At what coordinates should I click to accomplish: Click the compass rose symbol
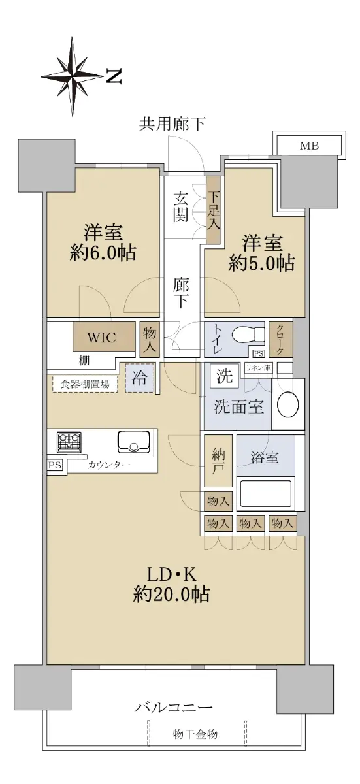[x=73, y=76]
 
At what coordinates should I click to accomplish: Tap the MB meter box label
[x=309, y=146]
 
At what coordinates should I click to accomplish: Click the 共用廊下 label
[x=172, y=124]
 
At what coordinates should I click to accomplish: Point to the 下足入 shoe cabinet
[x=213, y=210]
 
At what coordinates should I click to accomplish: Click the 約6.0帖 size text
[x=103, y=253]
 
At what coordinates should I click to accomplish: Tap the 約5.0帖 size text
[x=262, y=263]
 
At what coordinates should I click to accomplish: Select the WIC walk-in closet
[x=104, y=336]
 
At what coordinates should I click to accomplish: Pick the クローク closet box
[x=280, y=340]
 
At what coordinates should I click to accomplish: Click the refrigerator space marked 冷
[x=140, y=378]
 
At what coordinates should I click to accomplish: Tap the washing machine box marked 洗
[x=224, y=376]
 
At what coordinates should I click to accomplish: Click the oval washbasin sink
[x=288, y=404]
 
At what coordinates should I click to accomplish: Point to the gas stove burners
[x=69, y=441]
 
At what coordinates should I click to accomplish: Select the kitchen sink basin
[x=134, y=442]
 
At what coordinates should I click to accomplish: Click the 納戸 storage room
[x=218, y=461]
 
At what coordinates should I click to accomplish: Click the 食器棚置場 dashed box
[x=85, y=384]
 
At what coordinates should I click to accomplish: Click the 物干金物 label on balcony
[x=195, y=734]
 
